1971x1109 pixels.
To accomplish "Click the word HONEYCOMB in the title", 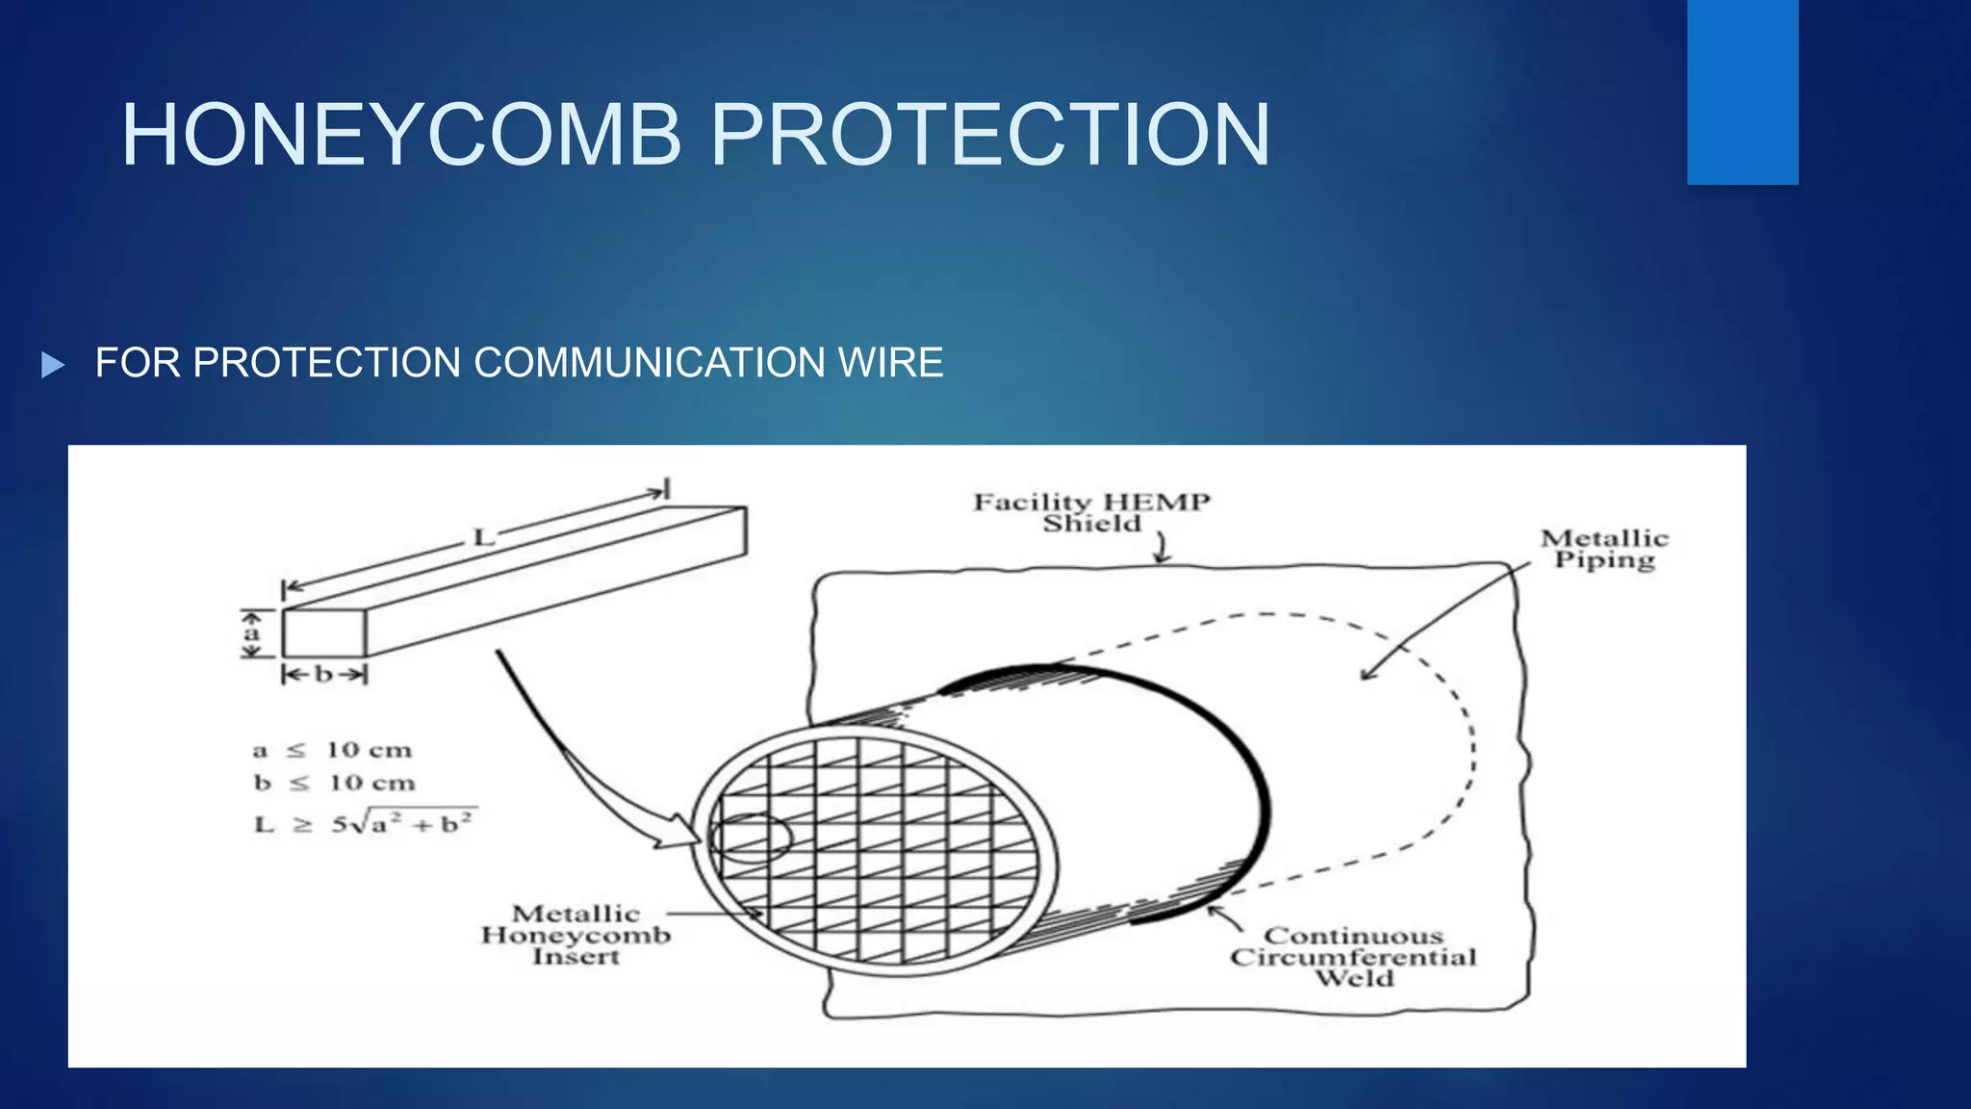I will click(x=402, y=136).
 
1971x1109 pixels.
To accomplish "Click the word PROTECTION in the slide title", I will click(x=990, y=136).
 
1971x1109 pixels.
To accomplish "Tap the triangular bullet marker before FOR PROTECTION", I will click(x=53, y=365).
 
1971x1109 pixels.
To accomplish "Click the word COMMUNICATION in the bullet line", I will click(x=650, y=363).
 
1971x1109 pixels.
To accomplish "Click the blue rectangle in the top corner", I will click(x=1742, y=91).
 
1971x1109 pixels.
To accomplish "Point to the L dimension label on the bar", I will click(x=483, y=537).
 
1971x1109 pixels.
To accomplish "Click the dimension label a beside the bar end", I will click(x=252, y=634).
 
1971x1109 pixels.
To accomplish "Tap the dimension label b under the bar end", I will click(x=323, y=675).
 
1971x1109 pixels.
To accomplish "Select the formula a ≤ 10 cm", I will click(x=332, y=750).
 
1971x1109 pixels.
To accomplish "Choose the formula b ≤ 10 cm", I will click(x=334, y=783).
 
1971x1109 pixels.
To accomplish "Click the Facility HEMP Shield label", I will click(x=1091, y=512).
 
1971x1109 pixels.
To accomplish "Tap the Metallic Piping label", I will click(x=1604, y=549).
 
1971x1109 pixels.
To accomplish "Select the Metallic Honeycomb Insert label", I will click(x=576, y=934).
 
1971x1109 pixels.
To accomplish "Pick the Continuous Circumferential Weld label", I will click(x=1353, y=957).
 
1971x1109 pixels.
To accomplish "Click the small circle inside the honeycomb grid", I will click(x=751, y=838).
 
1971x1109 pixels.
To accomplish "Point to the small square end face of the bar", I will click(x=323, y=633).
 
